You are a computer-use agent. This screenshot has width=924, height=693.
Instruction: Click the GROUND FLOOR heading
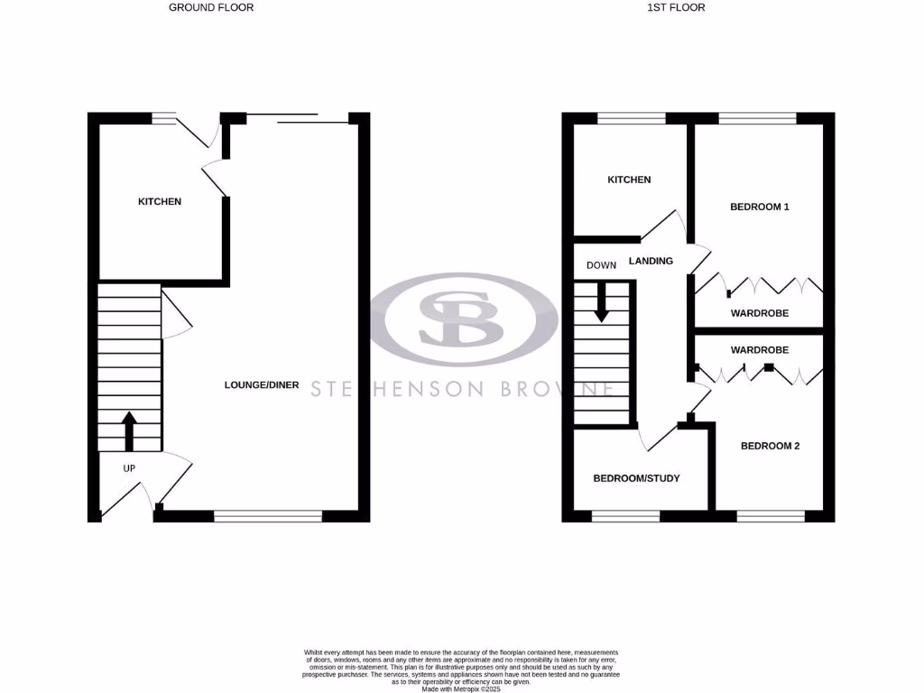click(x=211, y=7)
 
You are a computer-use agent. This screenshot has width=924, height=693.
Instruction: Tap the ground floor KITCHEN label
click(x=160, y=201)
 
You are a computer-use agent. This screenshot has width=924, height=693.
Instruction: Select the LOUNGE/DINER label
click(x=262, y=385)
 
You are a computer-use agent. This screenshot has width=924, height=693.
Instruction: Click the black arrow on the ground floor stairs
click(x=128, y=430)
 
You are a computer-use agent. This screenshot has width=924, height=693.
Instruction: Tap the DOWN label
click(x=601, y=265)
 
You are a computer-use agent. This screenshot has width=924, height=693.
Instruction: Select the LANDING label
click(x=651, y=261)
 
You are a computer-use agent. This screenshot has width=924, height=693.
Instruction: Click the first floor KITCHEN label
click(x=629, y=180)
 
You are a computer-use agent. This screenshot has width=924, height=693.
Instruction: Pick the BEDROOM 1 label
click(x=760, y=207)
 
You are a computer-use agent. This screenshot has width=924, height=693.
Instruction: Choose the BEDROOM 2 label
click(x=771, y=446)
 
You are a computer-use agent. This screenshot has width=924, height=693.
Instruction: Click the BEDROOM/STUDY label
click(x=636, y=478)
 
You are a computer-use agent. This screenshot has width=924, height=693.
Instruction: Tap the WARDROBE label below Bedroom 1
click(x=760, y=313)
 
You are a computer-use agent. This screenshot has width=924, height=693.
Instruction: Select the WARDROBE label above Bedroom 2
click(x=760, y=349)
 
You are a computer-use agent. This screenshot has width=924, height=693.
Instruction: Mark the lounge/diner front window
click(x=268, y=516)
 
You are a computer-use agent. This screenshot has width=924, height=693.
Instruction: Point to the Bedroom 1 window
click(x=757, y=117)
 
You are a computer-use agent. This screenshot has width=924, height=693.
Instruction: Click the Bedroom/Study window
click(x=624, y=516)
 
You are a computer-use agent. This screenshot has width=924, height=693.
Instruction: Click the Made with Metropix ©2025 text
click(x=461, y=688)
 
